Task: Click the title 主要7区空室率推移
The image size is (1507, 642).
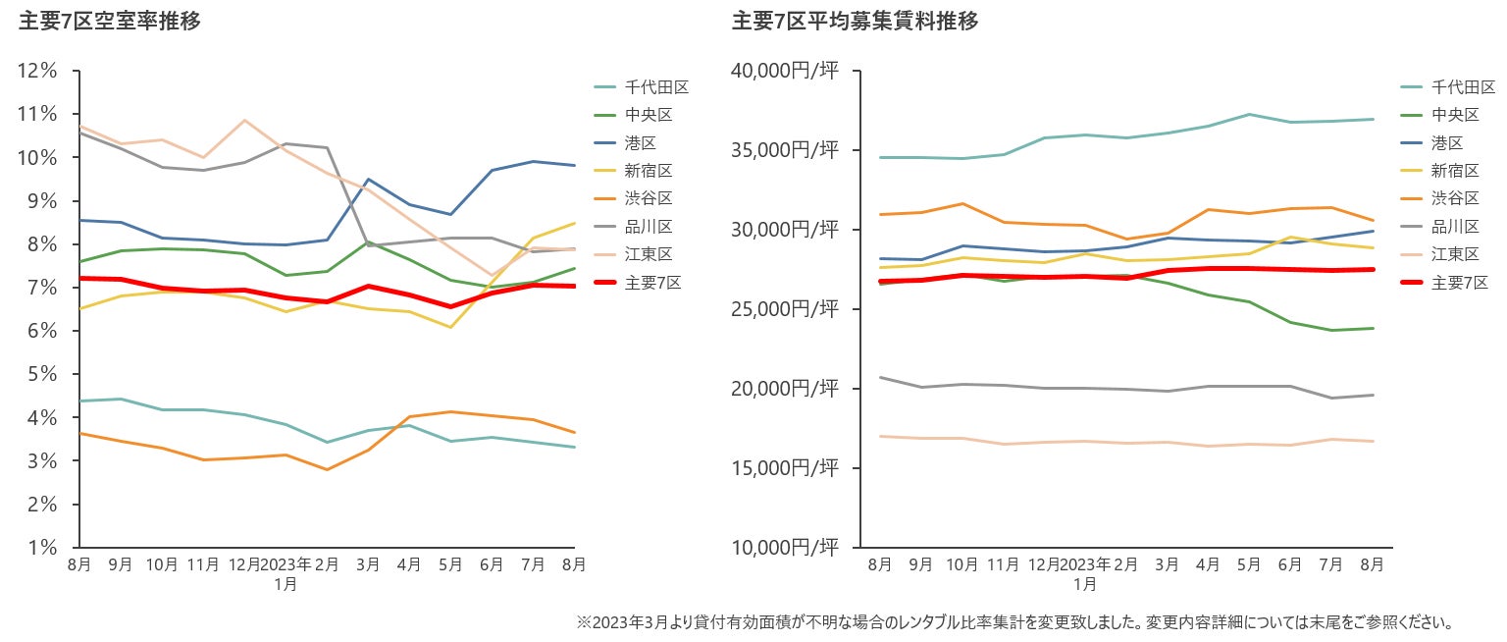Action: [x=110, y=21]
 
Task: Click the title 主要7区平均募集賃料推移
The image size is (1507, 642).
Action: [x=855, y=21]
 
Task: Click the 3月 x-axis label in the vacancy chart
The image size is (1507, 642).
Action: [x=368, y=565]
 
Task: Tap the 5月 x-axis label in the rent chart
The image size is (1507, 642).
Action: [x=1248, y=565]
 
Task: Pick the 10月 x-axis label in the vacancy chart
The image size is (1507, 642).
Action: [x=161, y=565]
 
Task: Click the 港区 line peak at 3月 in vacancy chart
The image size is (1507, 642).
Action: [x=368, y=180]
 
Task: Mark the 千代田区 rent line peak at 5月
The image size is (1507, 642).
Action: [x=1248, y=114]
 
